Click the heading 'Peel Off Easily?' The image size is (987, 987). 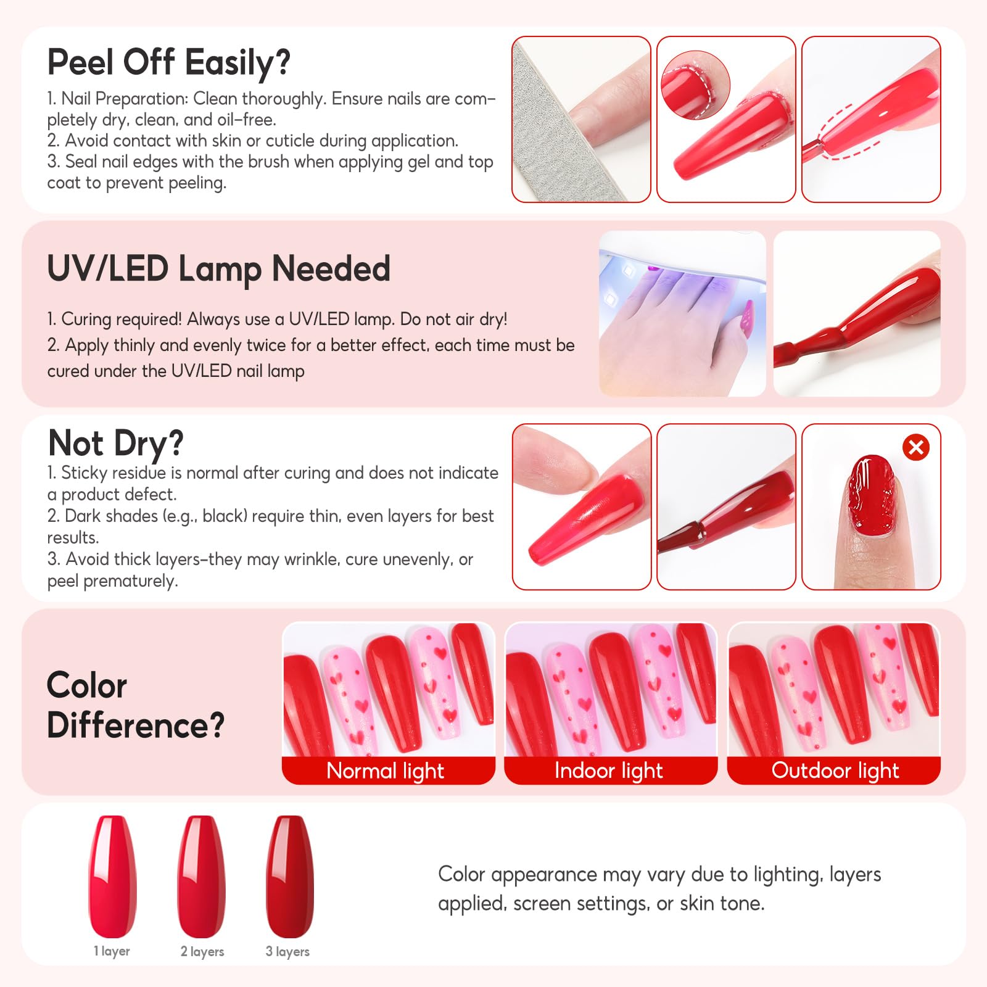click(x=168, y=63)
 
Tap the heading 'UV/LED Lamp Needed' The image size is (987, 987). click(x=219, y=269)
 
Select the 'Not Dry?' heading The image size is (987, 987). click(x=116, y=444)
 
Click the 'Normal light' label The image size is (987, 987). click(x=386, y=770)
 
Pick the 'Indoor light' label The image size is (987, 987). click(x=609, y=770)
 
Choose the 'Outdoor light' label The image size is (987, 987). click(x=835, y=770)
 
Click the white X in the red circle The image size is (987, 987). click(x=916, y=447)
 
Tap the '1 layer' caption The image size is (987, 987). click(x=112, y=951)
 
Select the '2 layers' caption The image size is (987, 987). click(x=202, y=952)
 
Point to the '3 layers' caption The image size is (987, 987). click(x=287, y=952)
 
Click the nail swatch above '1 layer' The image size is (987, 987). click(x=113, y=877)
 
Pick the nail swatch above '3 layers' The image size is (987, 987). click(x=290, y=877)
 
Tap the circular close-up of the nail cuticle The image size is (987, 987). click(x=695, y=85)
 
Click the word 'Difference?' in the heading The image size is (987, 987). click(x=136, y=725)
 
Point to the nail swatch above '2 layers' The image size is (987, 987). click(x=202, y=877)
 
